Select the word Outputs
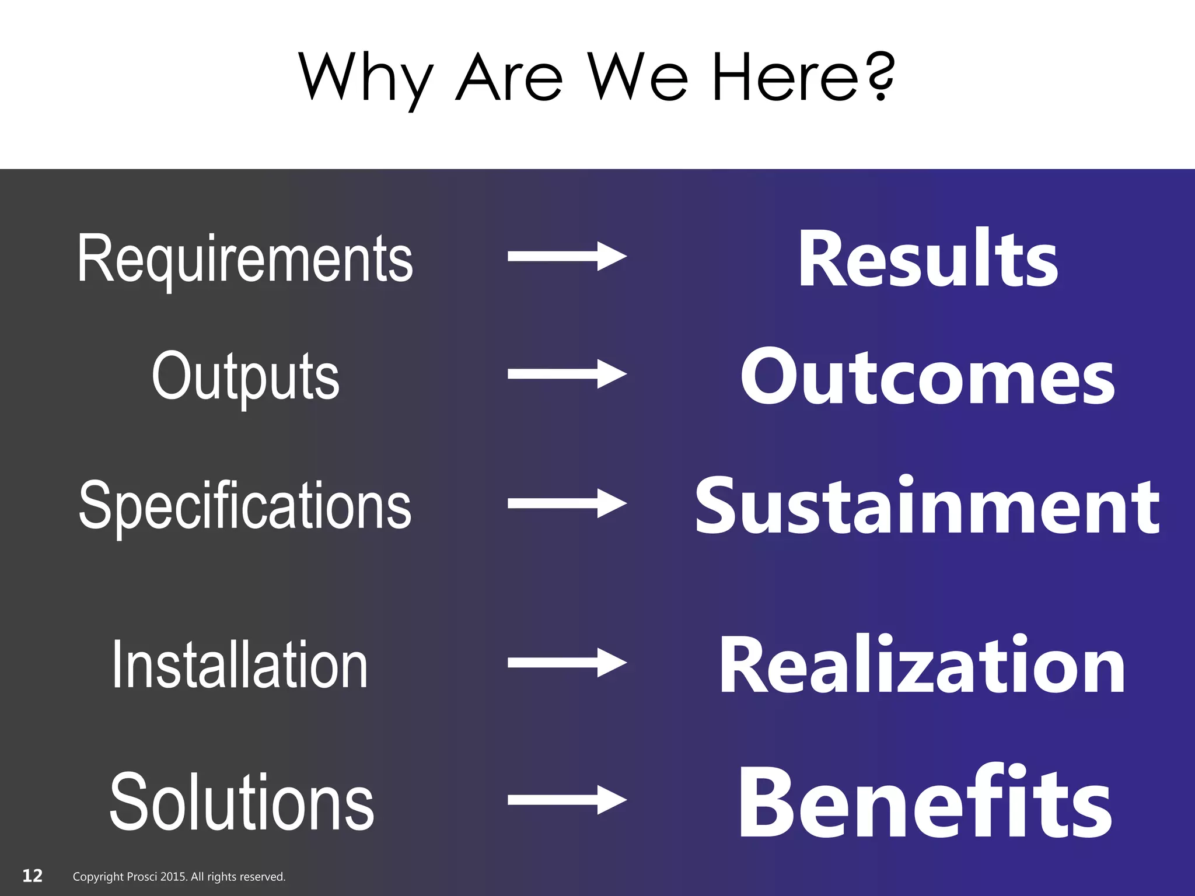[245, 376]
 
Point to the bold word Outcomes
[928, 376]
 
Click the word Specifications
[245, 505]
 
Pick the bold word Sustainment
[928, 505]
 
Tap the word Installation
[240, 664]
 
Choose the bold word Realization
[922, 664]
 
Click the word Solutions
[242, 801]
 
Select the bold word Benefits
[925, 803]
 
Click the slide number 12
[32, 876]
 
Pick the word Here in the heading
[785, 76]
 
